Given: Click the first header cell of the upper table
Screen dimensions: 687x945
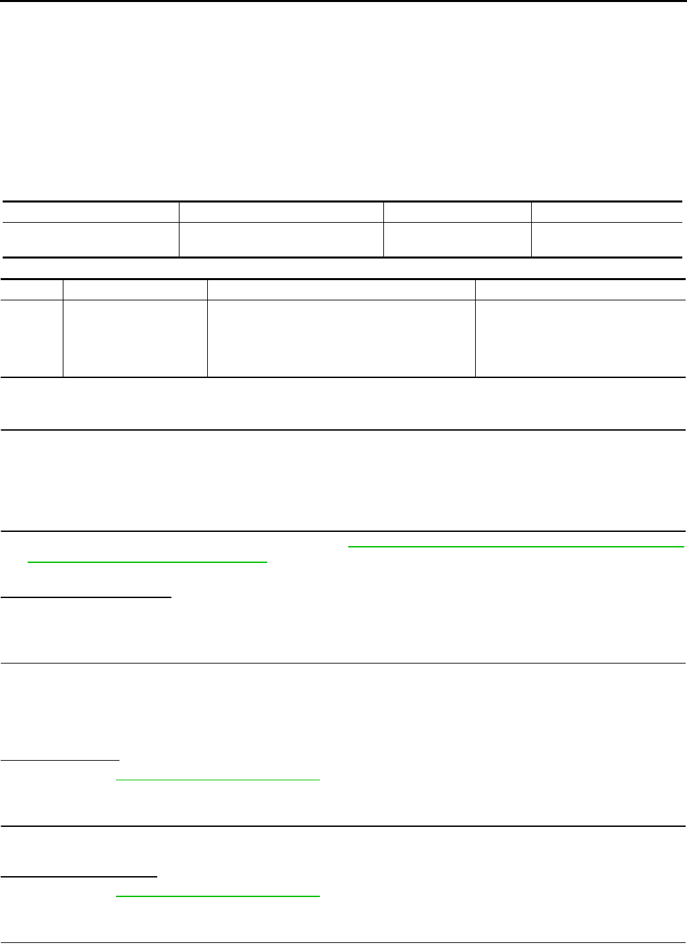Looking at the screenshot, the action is pyautogui.click(x=91, y=212).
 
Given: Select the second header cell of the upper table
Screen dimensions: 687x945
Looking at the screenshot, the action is pyautogui.click(x=281, y=212).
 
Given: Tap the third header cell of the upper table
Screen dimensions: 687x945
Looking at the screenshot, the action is pyautogui.click(x=457, y=212).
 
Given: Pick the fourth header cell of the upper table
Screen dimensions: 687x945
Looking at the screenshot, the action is pyautogui.click(x=607, y=212).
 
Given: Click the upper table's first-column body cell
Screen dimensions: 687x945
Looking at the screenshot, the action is pyautogui.click(x=91, y=240).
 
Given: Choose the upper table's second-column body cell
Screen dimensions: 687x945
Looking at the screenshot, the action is pyautogui.click(x=281, y=240).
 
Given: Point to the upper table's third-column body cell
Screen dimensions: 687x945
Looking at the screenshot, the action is pyautogui.click(x=457, y=240).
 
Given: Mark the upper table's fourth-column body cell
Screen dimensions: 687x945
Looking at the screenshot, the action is pyautogui.click(x=607, y=240).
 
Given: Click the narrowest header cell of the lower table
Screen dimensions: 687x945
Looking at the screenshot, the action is pyautogui.click(x=32, y=290).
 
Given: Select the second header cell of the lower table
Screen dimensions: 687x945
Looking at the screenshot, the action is pyautogui.click(x=135, y=290).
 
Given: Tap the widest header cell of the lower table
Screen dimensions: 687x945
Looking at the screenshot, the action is pyautogui.click(x=341, y=290).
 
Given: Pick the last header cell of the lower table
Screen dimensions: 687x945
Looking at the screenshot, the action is pyautogui.click(x=580, y=290).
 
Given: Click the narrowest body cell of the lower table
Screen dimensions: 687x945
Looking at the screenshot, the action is pyautogui.click(x=32, y=338).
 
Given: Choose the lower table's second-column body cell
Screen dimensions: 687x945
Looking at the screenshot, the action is pyautogui.click(x=135, y=338).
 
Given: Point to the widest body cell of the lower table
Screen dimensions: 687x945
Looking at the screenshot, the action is pyautogui.click(x=341, y=338).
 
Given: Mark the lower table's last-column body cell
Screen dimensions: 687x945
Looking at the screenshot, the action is pyautogui.click(x=580, y=338).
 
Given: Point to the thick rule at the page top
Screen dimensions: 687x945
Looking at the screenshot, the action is pyautogui.click(x=343, y=1).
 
